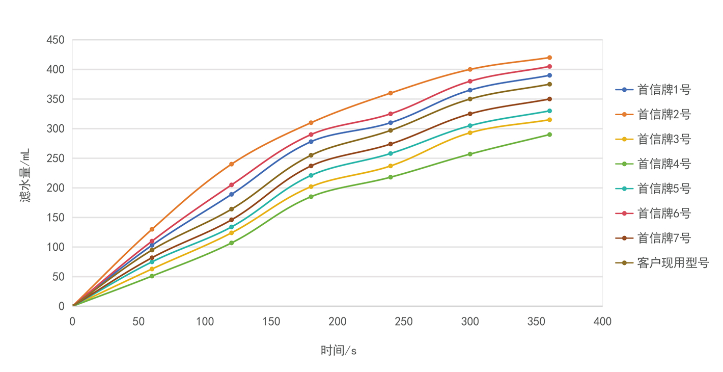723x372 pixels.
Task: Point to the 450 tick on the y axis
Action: click(x=55, y=40)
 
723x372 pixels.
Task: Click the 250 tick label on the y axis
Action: click(x=55, y=158)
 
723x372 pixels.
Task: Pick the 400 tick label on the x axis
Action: click(x=602, y=322)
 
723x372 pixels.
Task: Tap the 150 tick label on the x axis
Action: click(x=271, y=322)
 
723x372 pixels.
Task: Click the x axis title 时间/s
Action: click(x=338, y=351)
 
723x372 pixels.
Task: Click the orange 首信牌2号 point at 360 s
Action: click(x=549, y=58)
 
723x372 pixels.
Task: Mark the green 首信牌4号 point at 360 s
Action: click(x=549, y=135)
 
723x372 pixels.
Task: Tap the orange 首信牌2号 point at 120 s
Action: click(x=231, y=164)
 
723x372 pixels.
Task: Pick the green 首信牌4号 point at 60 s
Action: click(x=152, y=276)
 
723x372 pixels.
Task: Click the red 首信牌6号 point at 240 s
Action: click(x=391, y=114)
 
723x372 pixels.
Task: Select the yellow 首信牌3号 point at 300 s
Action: click(x=470, y=132)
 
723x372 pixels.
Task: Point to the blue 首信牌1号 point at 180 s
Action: click(x=311, y=142)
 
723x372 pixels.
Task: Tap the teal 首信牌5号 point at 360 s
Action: click(x=549, y=111)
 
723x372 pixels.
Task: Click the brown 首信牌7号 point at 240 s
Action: click(x=391, y=144)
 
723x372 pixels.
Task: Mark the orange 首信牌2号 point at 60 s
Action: click(x=152, y=229)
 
